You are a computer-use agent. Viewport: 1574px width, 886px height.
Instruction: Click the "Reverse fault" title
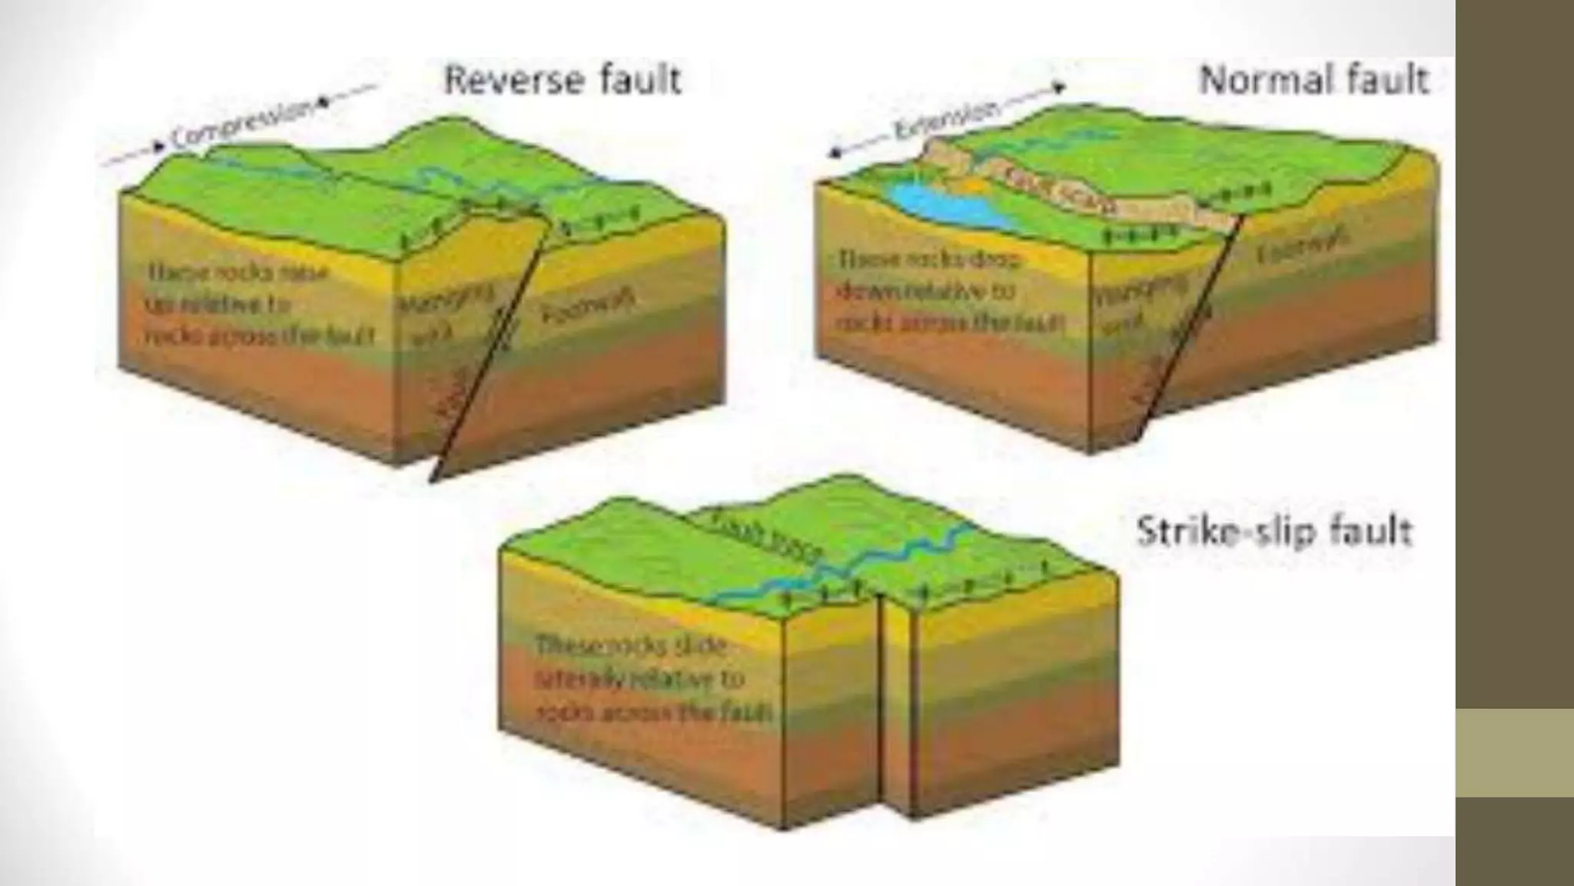tap(563, 81)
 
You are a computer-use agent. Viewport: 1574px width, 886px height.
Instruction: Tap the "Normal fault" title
tap(1313, 81)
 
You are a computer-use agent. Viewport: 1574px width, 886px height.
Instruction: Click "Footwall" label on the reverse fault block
tap(589, 307)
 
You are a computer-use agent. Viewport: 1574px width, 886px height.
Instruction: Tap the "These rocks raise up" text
tap(254, 305)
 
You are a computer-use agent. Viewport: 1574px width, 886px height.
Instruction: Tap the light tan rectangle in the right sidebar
tap(1514, 752)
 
